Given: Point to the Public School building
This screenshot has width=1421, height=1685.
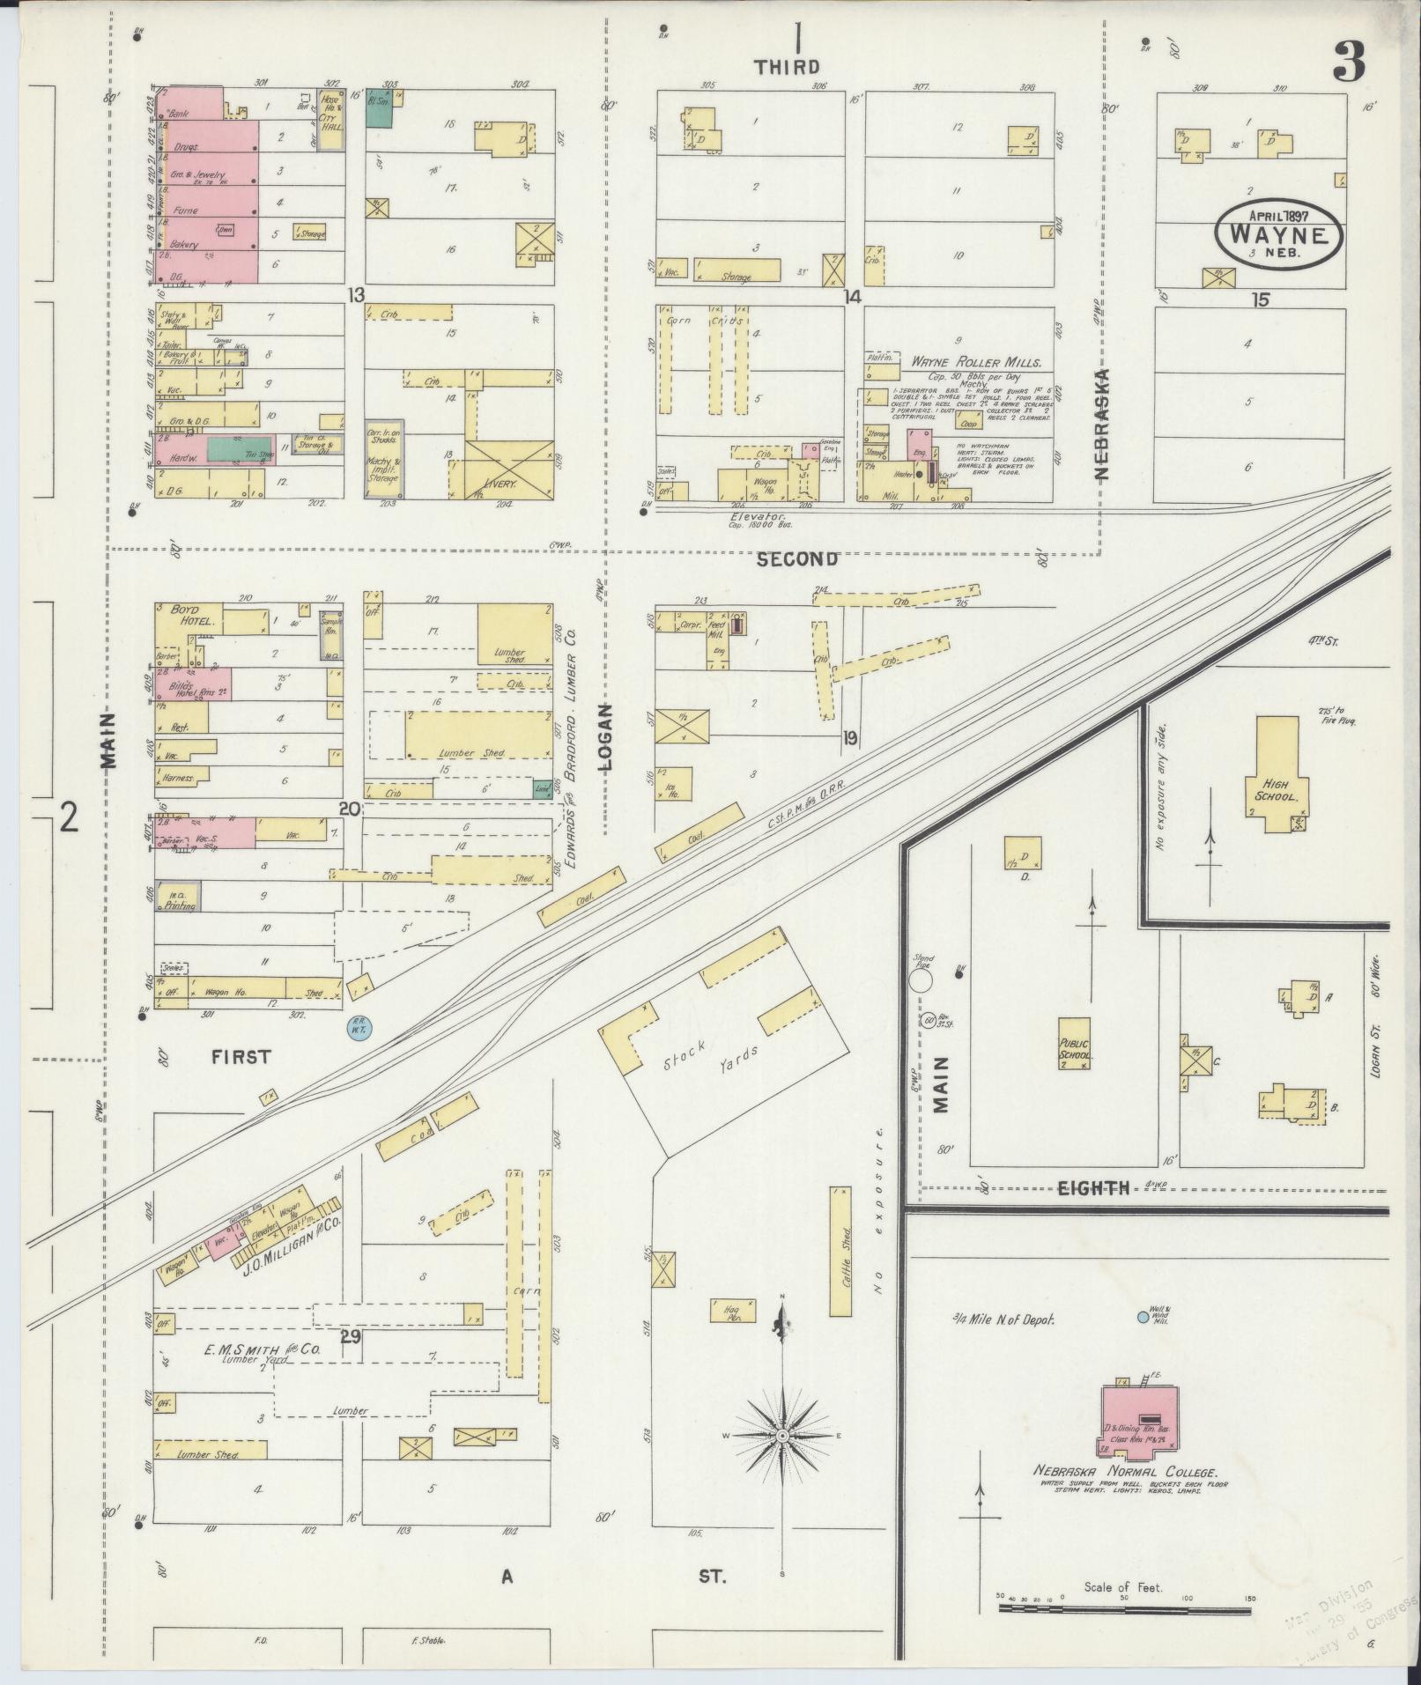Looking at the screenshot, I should (1074, 1043).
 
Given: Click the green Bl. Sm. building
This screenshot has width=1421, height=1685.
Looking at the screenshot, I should (379, 111).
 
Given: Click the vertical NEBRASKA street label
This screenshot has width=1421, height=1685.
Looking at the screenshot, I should (1103, 424).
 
